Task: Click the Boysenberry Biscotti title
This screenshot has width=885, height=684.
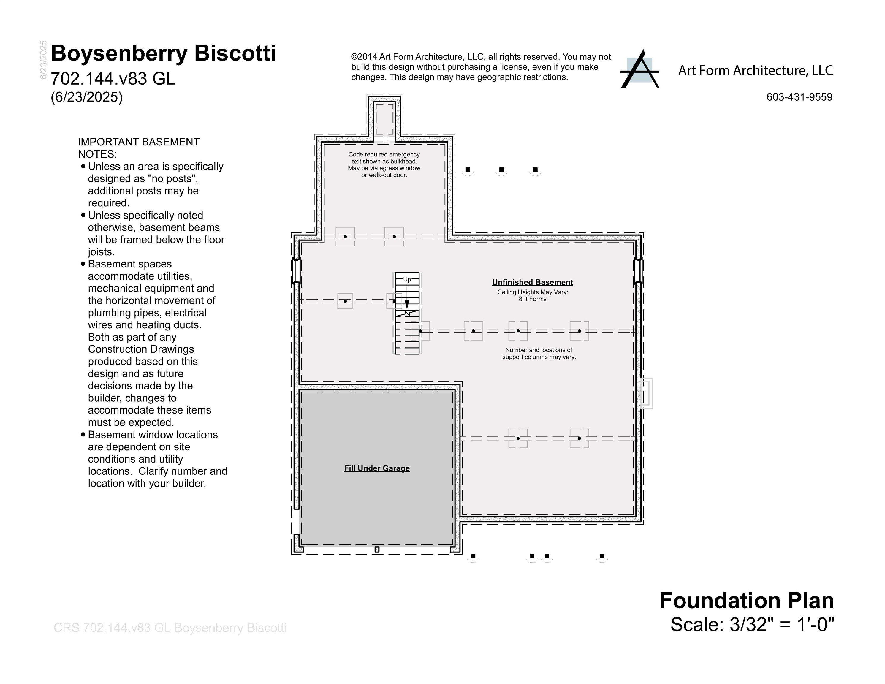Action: click(163, 53)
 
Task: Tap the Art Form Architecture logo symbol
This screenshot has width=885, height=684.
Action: click(639, 70)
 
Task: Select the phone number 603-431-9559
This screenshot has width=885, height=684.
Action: click(799, 97)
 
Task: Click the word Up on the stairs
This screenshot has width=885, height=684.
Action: click(407, 279)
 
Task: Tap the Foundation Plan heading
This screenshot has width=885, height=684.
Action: click(746, 601)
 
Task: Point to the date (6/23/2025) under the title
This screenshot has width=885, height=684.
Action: click(87, 97)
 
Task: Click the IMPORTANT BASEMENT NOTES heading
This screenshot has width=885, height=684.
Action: click(139, 148)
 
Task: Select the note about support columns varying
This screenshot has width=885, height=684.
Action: click(539, 353)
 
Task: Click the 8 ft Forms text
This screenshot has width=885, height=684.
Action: click(533, 299)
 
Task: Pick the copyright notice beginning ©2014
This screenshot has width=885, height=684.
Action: click(481, 67)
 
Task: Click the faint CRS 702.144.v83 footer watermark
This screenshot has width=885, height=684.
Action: click(170, 628)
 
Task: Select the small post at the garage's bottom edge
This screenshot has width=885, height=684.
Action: click(377, 550)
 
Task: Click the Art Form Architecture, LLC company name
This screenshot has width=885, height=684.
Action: click(755, 70)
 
